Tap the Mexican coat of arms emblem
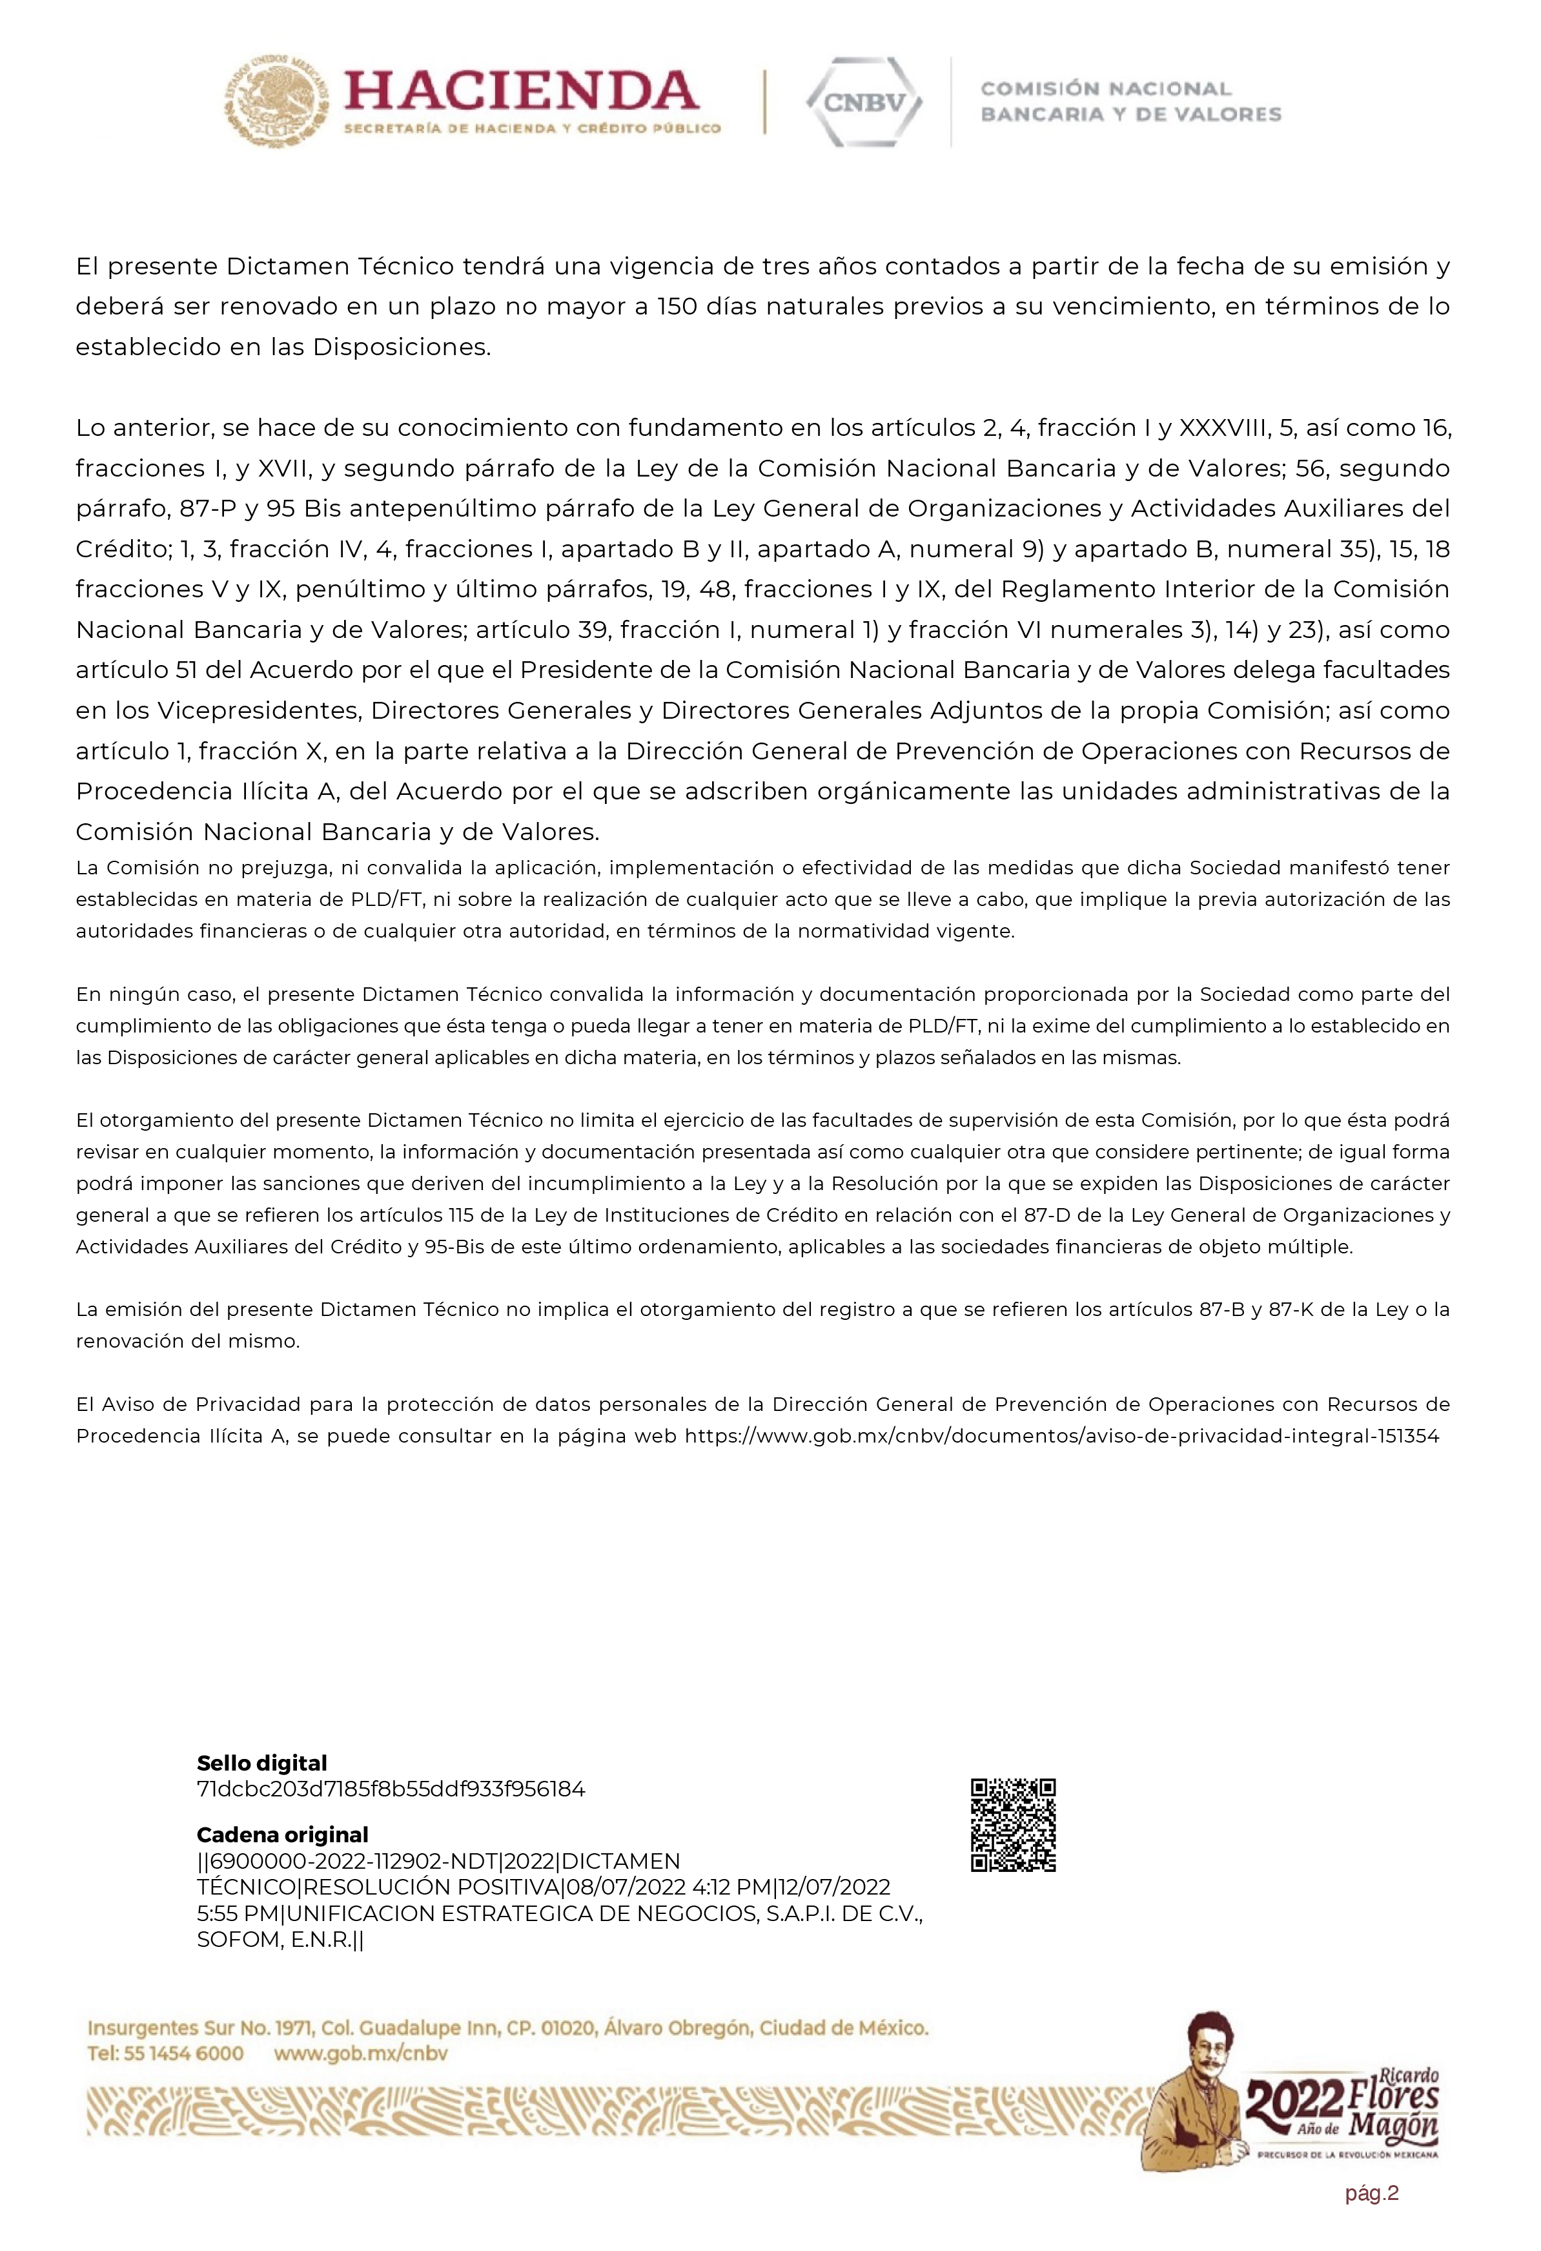point(276,102)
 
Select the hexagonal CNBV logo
point(864,102)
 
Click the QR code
point(1013,1825)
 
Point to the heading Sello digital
point(261,1763)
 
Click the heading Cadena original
point(282,1835)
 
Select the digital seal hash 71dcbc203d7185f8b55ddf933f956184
point(391,1789)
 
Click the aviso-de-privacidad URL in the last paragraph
point(1061,1435)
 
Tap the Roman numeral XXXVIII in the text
point(1223,428)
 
